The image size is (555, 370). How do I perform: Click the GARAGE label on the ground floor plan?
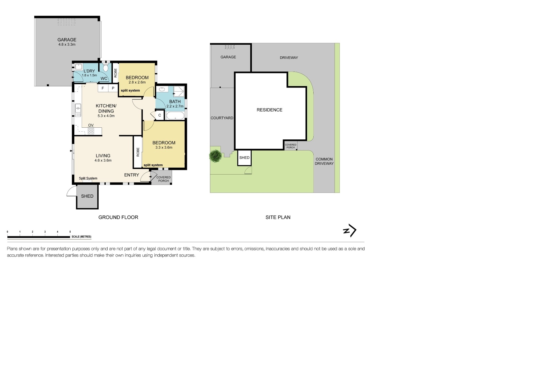[67, 40]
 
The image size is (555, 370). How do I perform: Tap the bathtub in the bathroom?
[175, 116]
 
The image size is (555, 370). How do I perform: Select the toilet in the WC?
[105, 68]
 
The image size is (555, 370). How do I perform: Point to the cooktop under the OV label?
[91, 131]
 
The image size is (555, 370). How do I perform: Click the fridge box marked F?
[103, 88]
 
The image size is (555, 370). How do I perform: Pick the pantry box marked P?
[113, 88]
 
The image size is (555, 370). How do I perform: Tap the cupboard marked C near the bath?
[160, 115]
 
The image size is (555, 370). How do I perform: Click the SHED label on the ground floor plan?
[87, 196]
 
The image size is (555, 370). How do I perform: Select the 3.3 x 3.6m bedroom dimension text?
[164, 147]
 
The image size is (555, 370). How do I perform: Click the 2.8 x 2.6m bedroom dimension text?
[137, 82]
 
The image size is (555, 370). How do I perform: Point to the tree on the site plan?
[215, 156]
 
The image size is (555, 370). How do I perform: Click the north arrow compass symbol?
[350, 230]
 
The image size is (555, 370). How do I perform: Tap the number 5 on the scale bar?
[70, 232]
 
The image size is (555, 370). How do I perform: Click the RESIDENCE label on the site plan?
[269, 110]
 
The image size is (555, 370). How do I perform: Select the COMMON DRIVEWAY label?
[324, 161]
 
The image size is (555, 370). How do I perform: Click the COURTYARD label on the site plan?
[222, 118]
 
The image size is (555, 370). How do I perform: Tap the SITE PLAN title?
[278, 217]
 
